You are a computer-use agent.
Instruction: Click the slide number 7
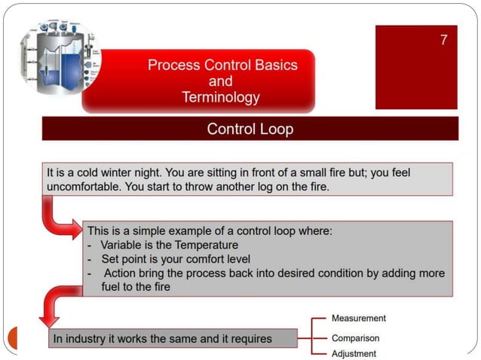(x=444, y=40)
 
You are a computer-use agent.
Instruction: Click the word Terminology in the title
(x=221, y=97)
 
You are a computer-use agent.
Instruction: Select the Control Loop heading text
(x=250, y=129)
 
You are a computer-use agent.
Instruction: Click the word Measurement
(x=358, y=319)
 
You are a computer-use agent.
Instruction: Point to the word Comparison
(x=355, y=338)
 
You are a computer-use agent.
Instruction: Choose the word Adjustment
(x=354, y=353)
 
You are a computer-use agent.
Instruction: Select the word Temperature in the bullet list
(x=207, y=245)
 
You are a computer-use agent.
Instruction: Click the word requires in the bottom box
(x=250, y=339)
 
